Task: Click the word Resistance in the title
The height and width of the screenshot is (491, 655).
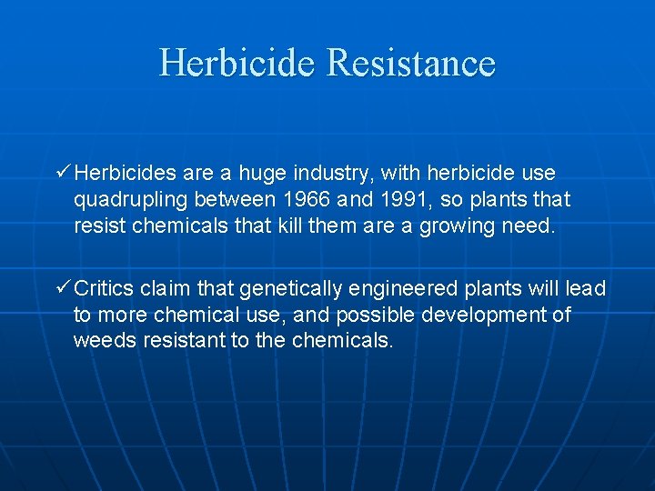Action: coord(410,63)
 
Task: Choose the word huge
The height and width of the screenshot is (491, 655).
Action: coord(261,173)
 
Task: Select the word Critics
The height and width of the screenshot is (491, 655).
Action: coord(104,288)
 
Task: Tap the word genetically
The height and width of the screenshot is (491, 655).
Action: coord(290,288)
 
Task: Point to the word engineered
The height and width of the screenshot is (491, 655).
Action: coord(404,289)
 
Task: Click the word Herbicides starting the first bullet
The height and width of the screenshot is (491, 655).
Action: coord(122,172)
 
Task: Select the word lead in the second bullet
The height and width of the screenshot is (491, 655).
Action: coord(586,288)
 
